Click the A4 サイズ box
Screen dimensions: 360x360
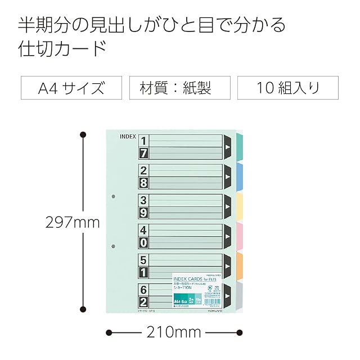(x=71, y=88)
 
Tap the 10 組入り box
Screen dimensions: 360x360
(x=288, y=88)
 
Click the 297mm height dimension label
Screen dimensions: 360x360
(x=73, y=222)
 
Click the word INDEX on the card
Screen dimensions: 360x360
(x=128, y=136)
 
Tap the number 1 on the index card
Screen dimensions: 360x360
(x=143, y=141)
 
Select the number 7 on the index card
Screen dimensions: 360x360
(x=143, y=154)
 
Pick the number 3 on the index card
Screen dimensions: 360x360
(x=143, y=200)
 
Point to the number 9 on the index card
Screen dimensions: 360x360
(x=143, y=213)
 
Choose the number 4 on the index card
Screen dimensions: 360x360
(x=143, y=229)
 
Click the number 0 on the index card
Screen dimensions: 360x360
(x=143, y=242)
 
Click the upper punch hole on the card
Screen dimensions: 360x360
(x=113, y=197)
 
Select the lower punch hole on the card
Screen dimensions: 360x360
(x=113, y=246)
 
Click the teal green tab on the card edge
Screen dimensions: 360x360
(x=238, y=147)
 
